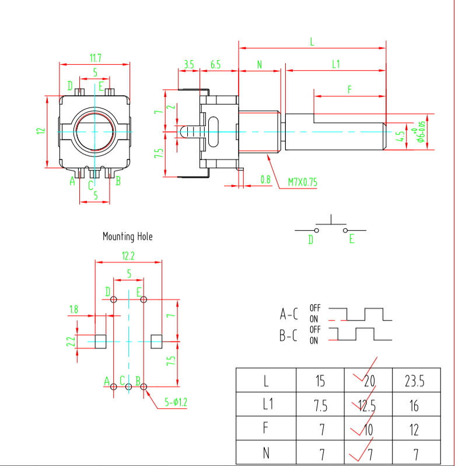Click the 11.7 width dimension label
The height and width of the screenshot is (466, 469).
click(x=96, y=58)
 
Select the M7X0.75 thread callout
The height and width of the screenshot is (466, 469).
click(x=303, y=182)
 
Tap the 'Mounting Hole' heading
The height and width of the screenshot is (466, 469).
click(x=128, y=237)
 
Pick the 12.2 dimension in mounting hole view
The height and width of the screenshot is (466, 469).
click(x=128, y=256)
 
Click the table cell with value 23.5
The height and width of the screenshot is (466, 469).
click(x=414, y=381)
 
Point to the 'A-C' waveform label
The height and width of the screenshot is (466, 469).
click(x=289, y=314)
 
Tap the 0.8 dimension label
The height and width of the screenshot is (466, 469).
click(x=265, y=179)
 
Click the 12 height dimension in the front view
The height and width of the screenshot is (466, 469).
click(x=40, y=131)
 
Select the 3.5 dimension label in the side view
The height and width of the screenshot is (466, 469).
click(x=188, y=64)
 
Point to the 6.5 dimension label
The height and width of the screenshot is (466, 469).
click(x=215, y=64)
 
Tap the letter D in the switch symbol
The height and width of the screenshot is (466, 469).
click(x=310, y=239)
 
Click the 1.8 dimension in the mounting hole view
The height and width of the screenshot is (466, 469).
click(x=73, y=309)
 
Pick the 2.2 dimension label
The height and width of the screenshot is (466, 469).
click(x=71, y=342)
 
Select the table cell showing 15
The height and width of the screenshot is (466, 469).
click(x=320, y=381)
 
